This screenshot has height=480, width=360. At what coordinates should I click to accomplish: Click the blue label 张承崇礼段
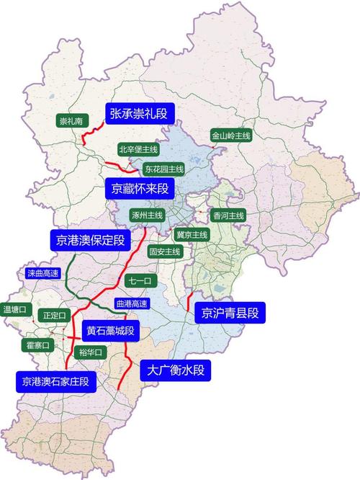[x=141, y=113]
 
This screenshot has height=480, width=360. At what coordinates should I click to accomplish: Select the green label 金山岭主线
[x=230, y=135]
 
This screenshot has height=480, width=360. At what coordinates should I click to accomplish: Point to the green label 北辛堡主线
[x=138, y=149]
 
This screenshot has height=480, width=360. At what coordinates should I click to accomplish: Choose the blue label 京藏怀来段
[x=140, y=189]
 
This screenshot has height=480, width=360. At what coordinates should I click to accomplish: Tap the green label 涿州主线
[x=148, y=215]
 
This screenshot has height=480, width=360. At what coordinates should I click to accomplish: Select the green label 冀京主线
[x=192, y=234]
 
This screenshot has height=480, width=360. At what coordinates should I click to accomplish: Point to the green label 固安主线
[x=164, y=252]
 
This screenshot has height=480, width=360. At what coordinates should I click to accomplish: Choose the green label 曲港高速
[x=131, y=303]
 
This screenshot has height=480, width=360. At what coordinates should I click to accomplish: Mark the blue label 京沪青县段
[x=230, y=312]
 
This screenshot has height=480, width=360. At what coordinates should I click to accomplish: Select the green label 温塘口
[x=17, y=309]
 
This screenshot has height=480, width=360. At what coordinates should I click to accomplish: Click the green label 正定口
[x=54, y=315]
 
